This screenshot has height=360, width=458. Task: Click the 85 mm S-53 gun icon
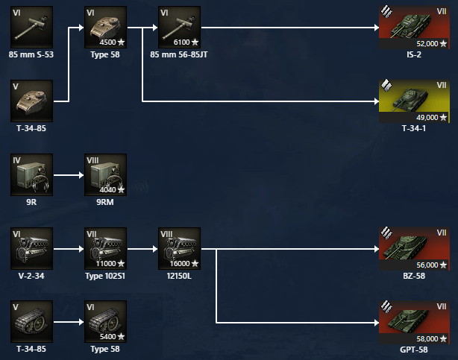tap(31, 27)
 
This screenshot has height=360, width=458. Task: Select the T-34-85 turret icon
tap(31, 100)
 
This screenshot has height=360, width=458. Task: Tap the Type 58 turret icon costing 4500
tap(105, 27)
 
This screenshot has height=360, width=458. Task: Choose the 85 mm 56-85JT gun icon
tap(179, 27)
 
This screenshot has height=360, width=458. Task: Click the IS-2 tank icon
tap(414, 27)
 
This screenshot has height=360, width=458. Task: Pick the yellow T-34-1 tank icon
tap(414, 100)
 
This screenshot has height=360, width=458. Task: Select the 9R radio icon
tap(31, 174)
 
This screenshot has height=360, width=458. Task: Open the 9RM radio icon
tap(105, 174)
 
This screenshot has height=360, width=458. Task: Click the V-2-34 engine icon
tap(31, 248)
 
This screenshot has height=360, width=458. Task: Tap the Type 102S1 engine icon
tap(105, 248)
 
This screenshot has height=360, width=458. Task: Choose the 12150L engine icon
tap(179, 248)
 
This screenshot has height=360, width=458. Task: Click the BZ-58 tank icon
tap(414, 248)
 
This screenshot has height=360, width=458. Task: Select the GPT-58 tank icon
tap(414, 321)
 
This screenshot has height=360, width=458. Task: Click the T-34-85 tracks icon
tap(31, 321)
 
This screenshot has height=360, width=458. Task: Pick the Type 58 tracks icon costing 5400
tap(105, 321)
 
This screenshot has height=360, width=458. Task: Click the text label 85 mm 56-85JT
tap(179, 54)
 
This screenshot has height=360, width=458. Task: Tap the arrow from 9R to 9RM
tap(68, 175)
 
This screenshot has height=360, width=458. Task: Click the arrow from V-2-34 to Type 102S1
tap(68, 249)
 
